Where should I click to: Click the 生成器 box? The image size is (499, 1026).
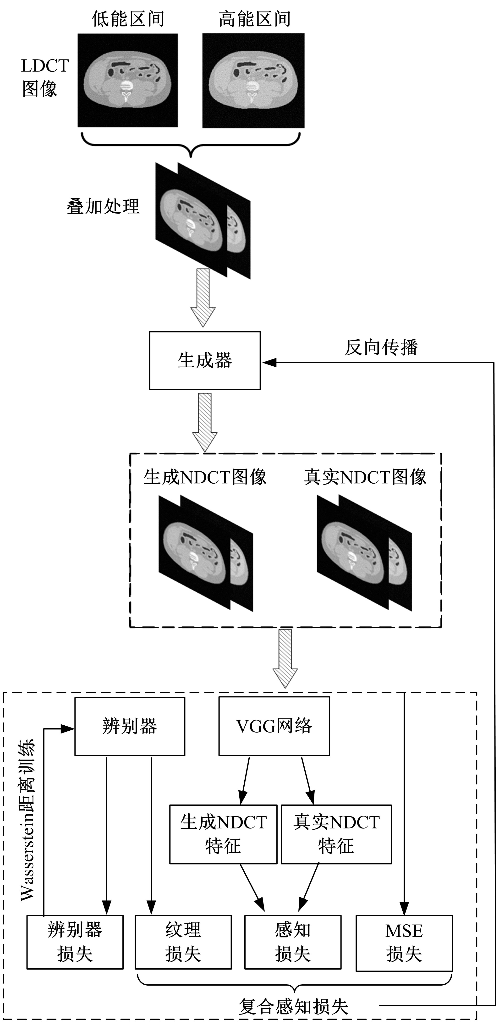pos(205,360)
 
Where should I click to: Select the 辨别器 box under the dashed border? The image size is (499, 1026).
pos(130,726)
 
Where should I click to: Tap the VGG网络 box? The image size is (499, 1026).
pos(274,726)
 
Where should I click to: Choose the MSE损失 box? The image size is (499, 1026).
pos(404,942)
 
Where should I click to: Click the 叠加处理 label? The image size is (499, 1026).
pos(103,206)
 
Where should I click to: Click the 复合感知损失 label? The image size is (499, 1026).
pos(294,1006)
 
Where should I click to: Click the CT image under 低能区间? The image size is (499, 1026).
pos(127,80)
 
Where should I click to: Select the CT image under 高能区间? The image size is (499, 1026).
pos(253,80)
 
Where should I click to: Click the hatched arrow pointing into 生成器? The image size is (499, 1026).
pos(203,297)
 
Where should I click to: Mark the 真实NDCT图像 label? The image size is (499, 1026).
pos(365,477)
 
